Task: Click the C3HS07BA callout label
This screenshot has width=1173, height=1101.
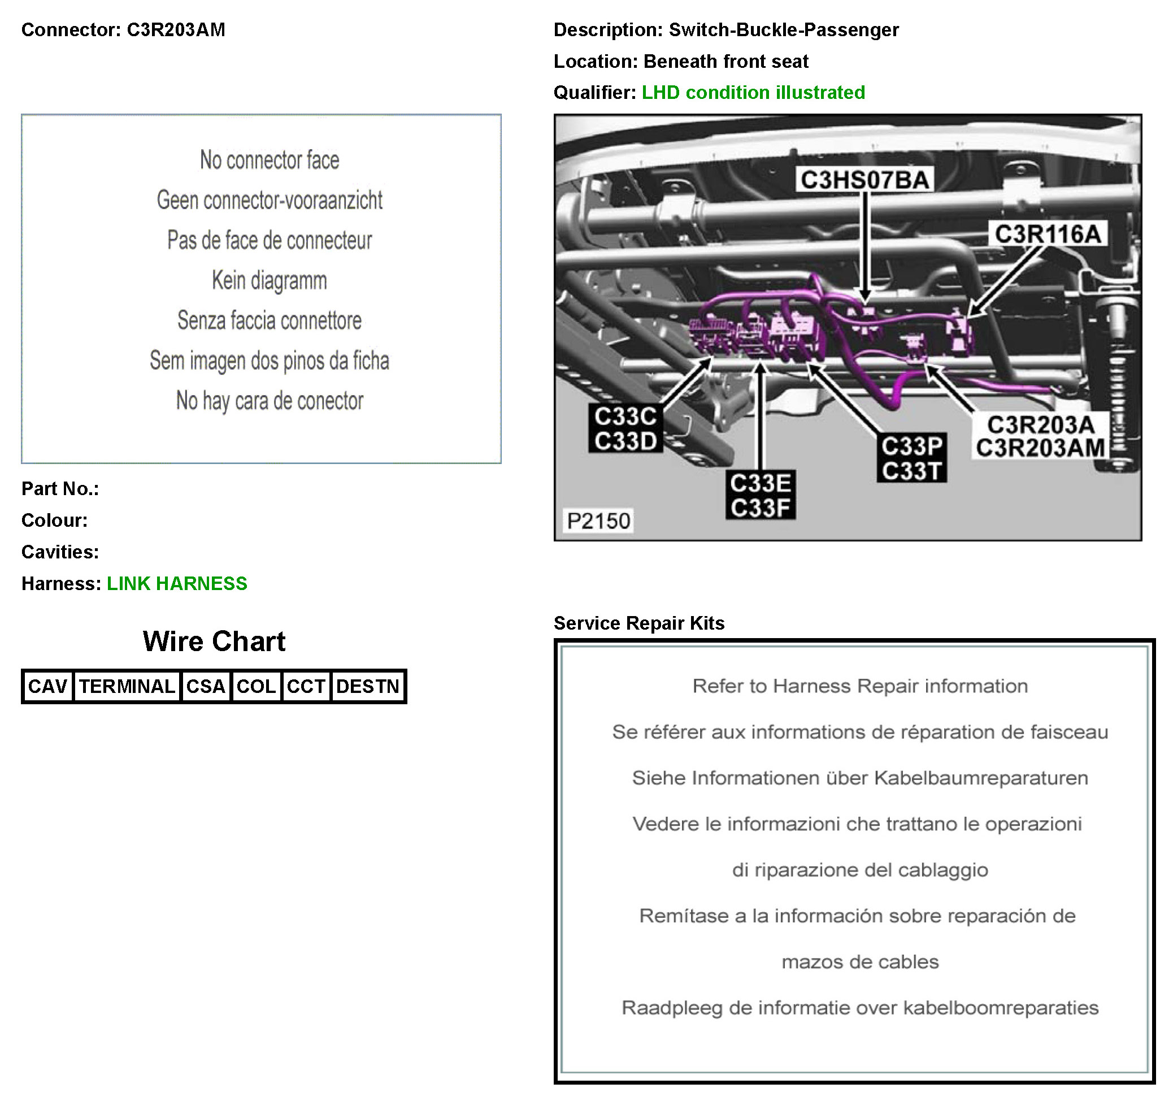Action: tap(865, 180)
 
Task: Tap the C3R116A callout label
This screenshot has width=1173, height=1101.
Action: tap(1048, 234)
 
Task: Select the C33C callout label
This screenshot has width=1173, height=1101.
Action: tap(625, 416)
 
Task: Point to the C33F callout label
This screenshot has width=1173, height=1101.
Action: tap(760, 508)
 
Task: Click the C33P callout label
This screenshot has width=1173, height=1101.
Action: tap(911, 447)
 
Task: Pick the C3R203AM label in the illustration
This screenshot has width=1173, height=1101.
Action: tap(1040, 448)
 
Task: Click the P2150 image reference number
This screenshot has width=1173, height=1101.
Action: tap(598, 521)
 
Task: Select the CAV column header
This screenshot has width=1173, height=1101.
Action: tap(48, 686)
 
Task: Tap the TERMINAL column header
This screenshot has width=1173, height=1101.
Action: tap(127, 686)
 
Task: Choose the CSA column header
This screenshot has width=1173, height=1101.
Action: tap(205, 686)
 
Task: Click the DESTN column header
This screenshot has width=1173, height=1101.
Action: tap(368, 686)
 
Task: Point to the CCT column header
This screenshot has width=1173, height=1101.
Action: tap(306, 686)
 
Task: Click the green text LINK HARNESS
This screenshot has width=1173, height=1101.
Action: tap(177, 583)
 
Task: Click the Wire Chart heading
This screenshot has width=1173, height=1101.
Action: tap(214, 641)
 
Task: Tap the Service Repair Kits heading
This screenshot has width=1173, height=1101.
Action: tap(639, 623)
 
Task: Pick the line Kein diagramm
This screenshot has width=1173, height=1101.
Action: tap(270, 280)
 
